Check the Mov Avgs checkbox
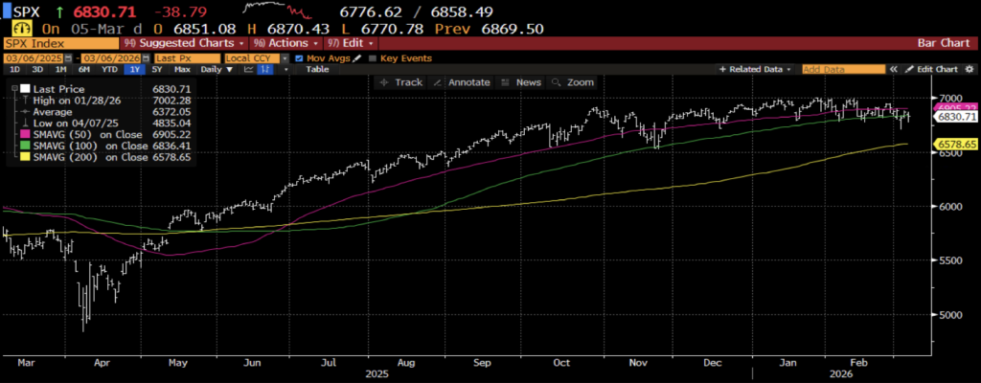(x=300, y=58)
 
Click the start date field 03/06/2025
(x=26, y=58)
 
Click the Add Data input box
(x=843, y=70)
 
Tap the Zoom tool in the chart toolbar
(x=575, y=82)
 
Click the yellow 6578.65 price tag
(x=954, y=144)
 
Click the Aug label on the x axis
(x=405, y=363)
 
